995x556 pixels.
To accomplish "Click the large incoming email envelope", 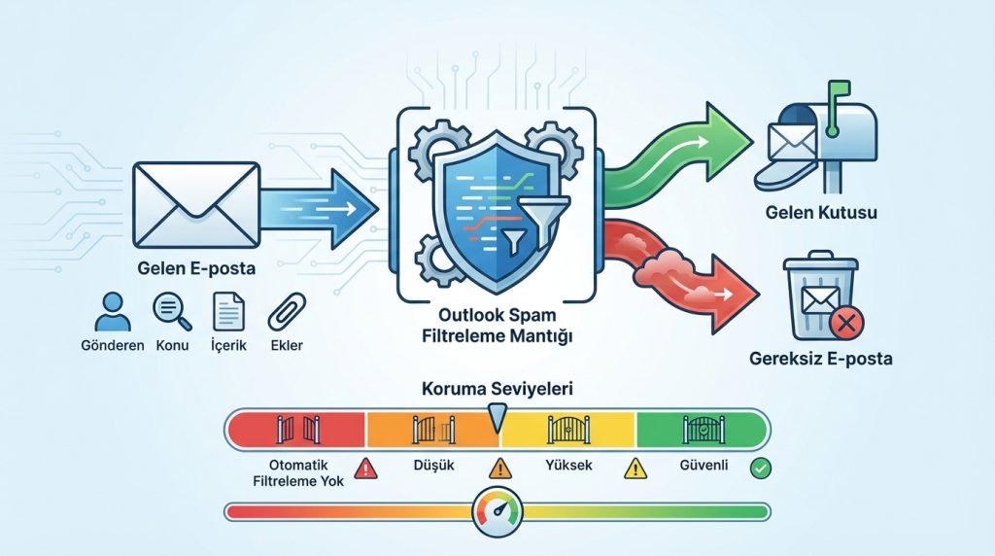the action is click(x=196, y=204).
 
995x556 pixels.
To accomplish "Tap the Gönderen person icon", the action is click(x=113, y=312).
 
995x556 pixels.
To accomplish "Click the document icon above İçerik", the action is click(x=228, y=312).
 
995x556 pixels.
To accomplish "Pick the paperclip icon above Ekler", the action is click(x=287, y=312).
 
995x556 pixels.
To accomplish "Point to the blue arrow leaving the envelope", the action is click(x=318, y=209).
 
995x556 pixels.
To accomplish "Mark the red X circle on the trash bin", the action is click(x=846, y=323).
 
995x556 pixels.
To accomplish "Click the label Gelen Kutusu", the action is click(x=821, y=212).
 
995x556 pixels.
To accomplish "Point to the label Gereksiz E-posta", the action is click(x=821, y=359).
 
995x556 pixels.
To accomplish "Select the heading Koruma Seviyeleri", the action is click(x=497, y=389).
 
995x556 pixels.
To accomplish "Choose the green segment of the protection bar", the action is click(x=702, y=430).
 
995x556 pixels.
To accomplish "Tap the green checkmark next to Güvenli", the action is click(x=760, y=469).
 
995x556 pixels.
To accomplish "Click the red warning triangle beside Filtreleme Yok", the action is click(x=366, y=469).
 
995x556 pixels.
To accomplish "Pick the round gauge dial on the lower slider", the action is click(x=497, y=511).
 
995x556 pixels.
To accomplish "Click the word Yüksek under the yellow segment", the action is click(x=568, y=466).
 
